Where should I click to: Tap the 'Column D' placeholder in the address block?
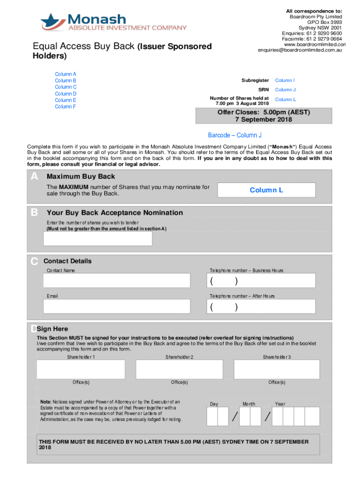(65, 94)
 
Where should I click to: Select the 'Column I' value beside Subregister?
(285, 80)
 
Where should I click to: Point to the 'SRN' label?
(264, 90)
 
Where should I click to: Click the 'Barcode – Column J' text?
(234, 135)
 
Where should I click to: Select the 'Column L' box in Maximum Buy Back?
(266, 190)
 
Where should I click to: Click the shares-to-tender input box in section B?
(98, 239)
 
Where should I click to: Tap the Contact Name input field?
(116, 281)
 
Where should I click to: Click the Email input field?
(116, 306)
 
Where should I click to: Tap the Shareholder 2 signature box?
(179, 369)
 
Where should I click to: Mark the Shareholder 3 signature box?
(277, 369)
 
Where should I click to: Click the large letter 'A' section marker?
(34, 177)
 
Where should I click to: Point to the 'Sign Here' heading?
(55, 329)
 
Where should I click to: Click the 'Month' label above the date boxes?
(249, 404)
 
